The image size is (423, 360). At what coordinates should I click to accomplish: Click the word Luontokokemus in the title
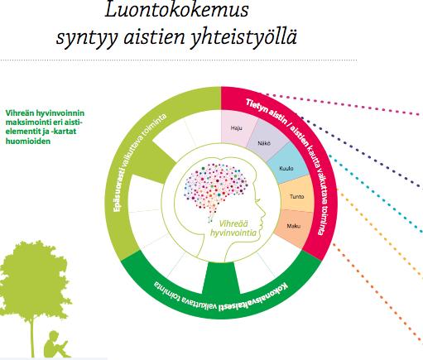coord(176,11)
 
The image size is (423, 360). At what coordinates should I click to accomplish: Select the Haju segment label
coord(237,128)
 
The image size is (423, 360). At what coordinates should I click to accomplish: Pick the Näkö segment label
coord(264,143)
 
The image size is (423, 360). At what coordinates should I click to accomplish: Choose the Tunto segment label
coord(297,197)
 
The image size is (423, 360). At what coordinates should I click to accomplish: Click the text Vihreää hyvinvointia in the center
coord(233,228)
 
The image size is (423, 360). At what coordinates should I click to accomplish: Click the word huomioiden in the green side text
coord(28,142)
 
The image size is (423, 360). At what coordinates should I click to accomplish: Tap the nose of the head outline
coord(263,214)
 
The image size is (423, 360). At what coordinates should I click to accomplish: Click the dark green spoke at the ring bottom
coord(221,277)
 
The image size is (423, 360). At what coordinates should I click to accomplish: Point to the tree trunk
coord(32,338)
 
